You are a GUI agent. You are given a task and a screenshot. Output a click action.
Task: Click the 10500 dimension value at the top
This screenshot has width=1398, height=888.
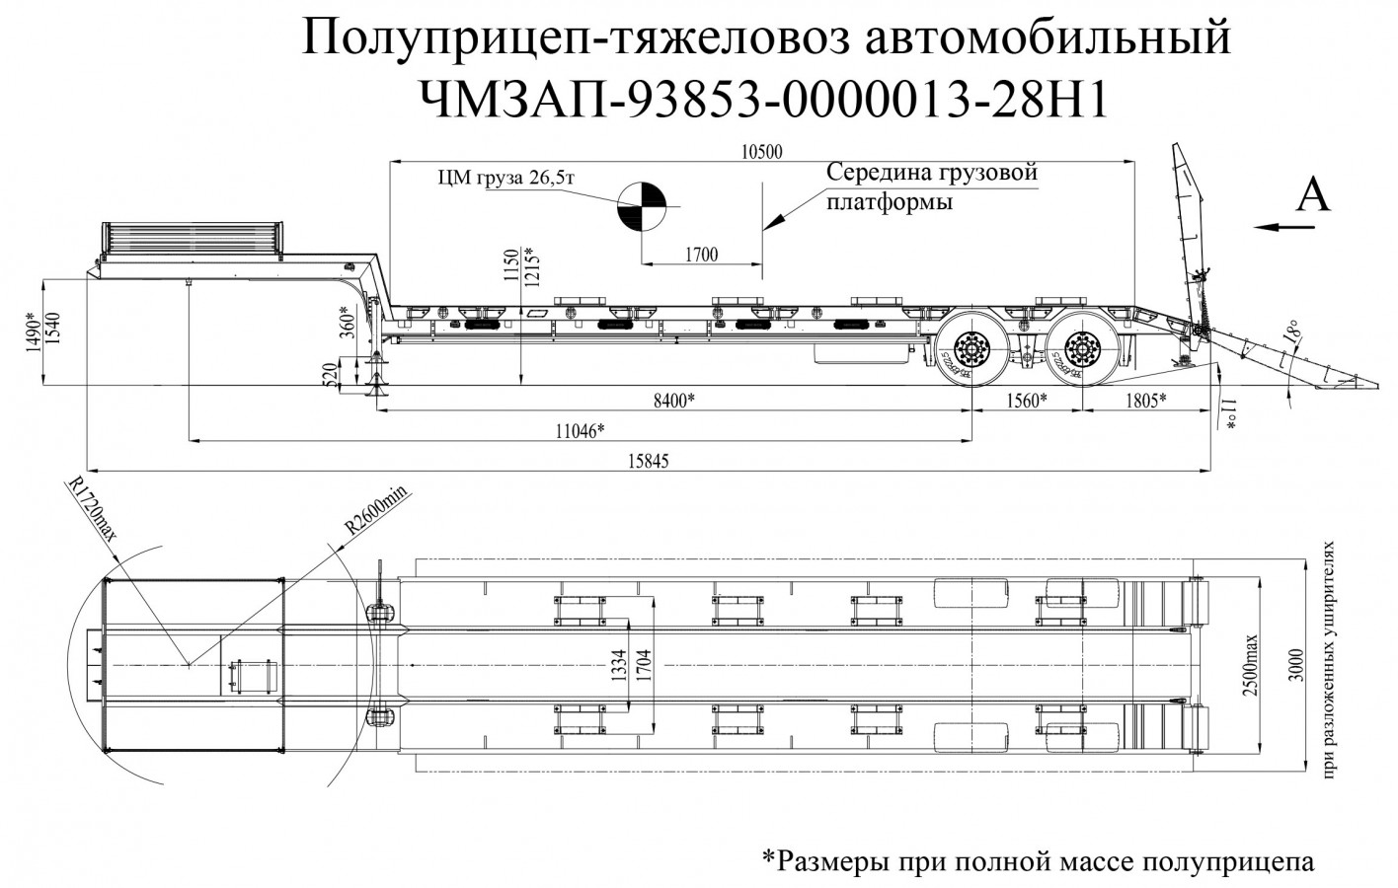coord(760,151)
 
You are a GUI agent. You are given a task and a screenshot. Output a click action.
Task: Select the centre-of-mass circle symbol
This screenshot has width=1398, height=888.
coord(642,205)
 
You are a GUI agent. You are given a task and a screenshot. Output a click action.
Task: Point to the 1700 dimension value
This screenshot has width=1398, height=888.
coord(700,256)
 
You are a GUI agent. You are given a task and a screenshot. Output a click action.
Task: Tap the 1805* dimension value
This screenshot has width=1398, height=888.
coord(1144,400)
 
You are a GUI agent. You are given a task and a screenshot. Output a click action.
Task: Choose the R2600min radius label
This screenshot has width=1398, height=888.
coord(376,510)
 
